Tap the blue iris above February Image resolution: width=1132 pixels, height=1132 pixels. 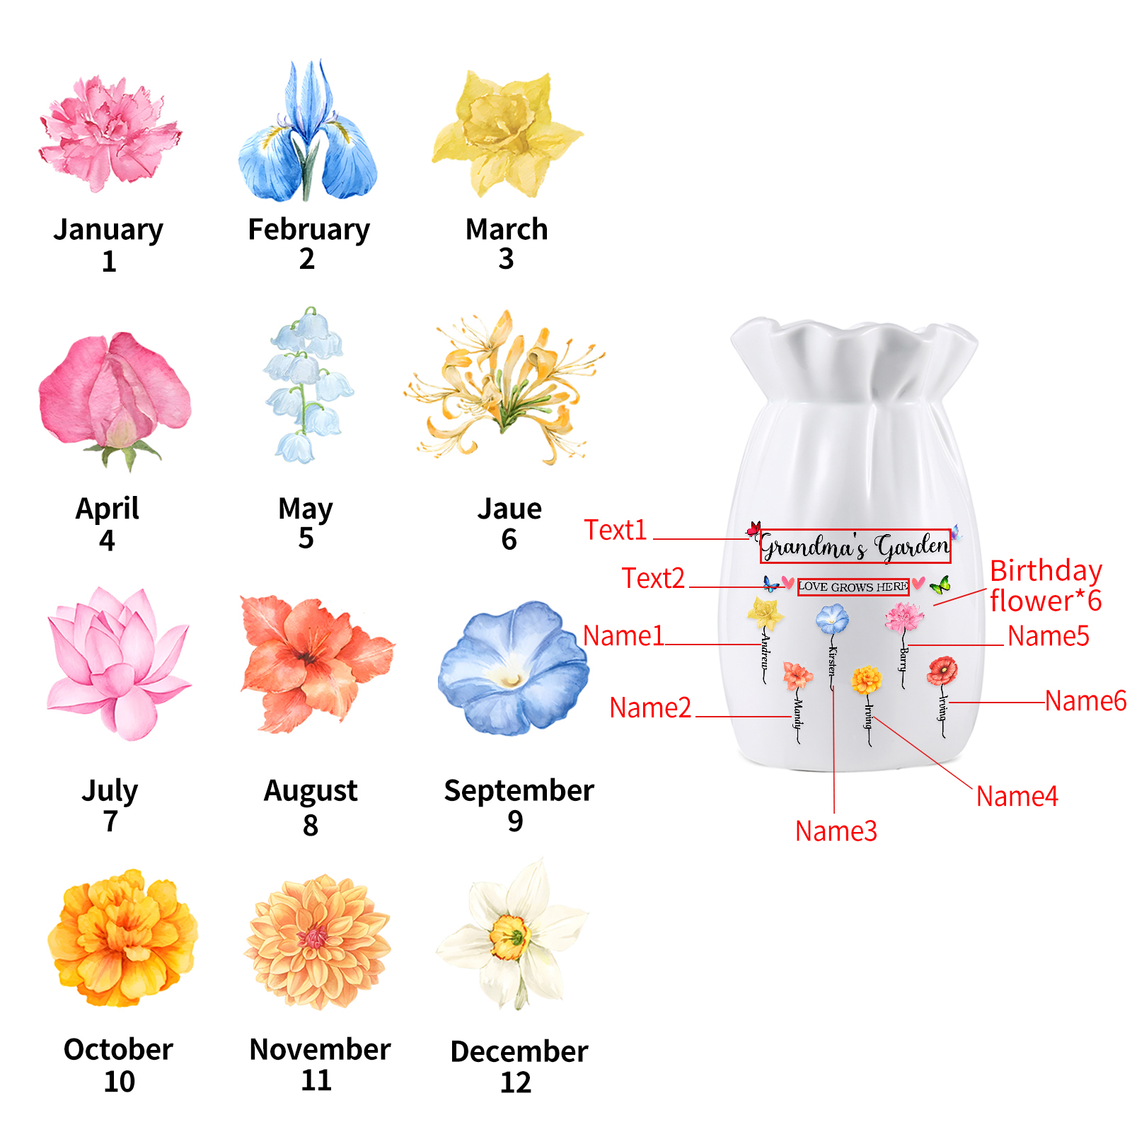click(x=308, y=134)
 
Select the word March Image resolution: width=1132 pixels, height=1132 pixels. click(x=507, y=229)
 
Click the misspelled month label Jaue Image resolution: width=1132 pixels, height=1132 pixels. click(x=509, y=509)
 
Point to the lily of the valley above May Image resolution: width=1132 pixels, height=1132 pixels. click(x=308, y=386)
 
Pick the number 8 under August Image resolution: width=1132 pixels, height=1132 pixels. click(x=311, y=825)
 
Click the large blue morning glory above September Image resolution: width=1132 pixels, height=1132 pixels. click(x=513, y=669)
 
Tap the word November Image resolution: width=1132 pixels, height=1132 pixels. click(x=320, y=1049)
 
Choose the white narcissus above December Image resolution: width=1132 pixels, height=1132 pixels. click(x=513, y=934)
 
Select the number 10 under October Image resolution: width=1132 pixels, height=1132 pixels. click(x=119, y=1082)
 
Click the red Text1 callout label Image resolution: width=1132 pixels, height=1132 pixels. click(x=616, y=530)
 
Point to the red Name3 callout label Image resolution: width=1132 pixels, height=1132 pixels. click(x=836, y=831)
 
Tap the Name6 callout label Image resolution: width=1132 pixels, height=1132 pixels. click(x=1085, y=701)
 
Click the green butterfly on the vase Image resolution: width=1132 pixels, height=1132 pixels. click(x=940, y=585)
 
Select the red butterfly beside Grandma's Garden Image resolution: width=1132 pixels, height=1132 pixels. click(x=754, y=529)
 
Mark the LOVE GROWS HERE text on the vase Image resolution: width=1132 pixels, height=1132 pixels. click(x=853, y=587)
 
